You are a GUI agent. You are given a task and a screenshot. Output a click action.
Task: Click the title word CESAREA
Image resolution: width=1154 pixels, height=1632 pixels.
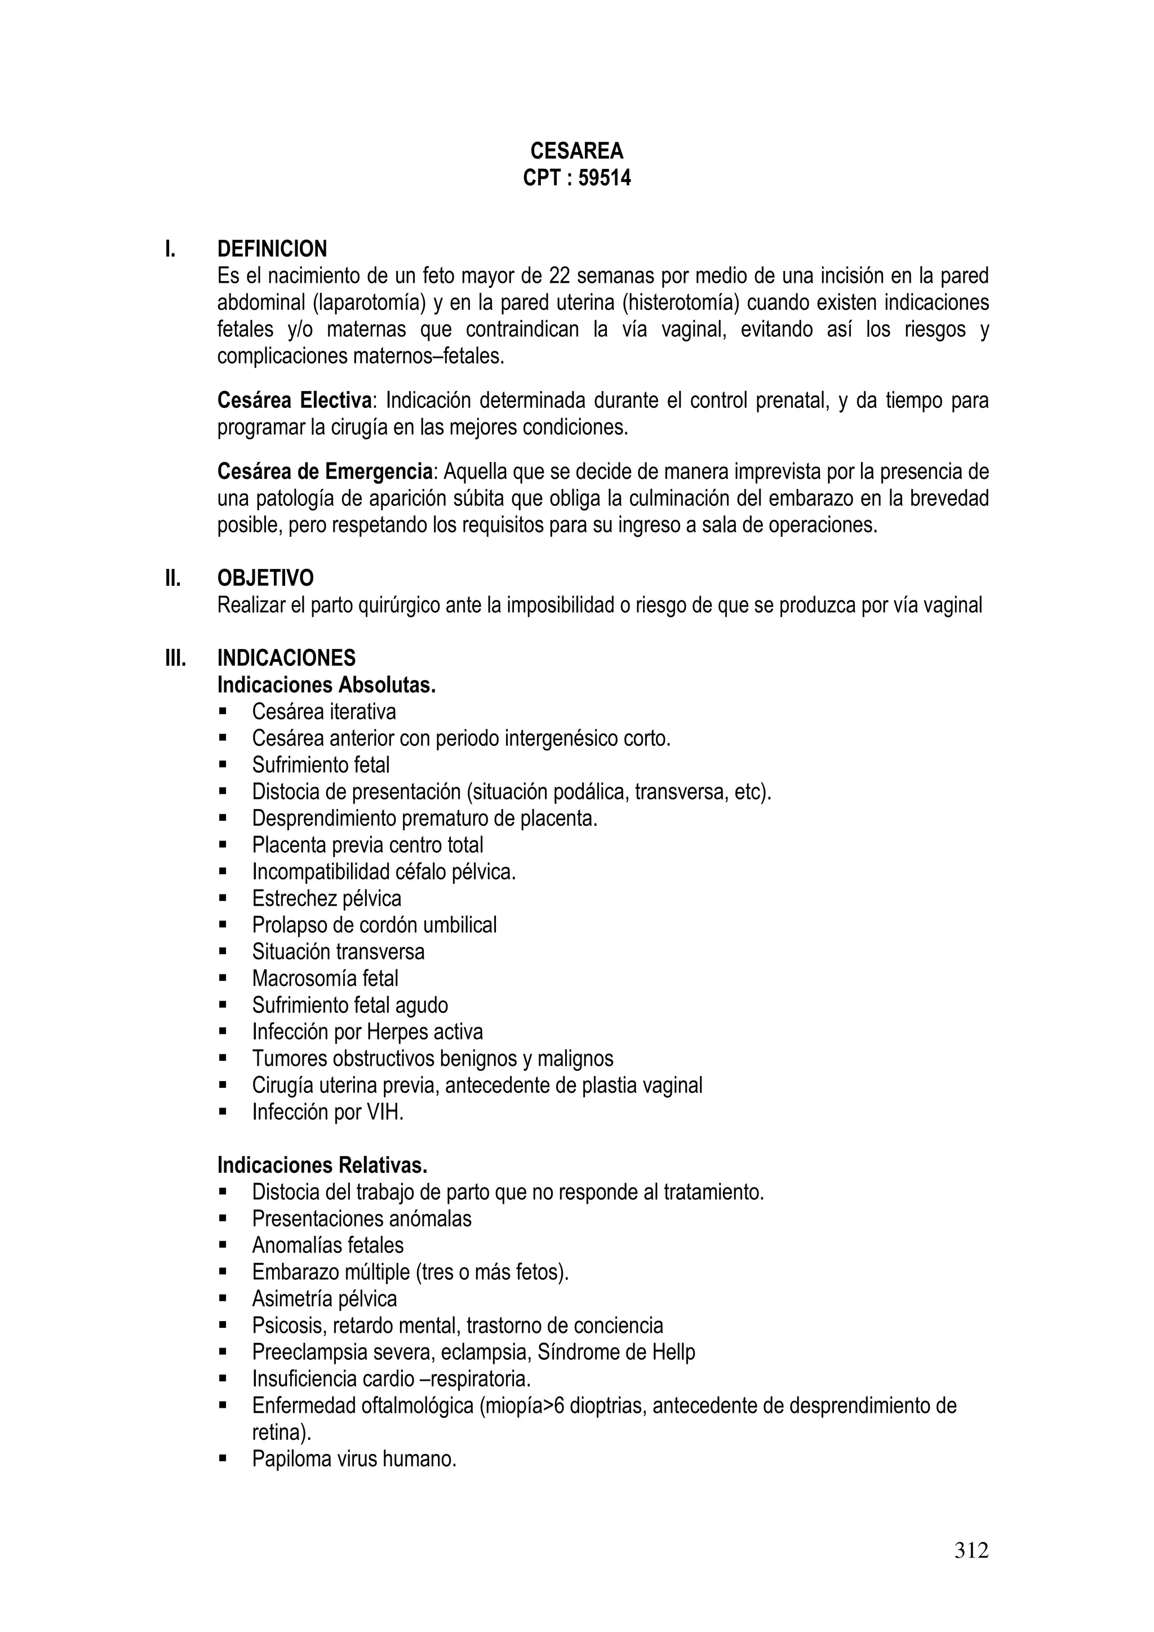pyautogui.click(x=576, y=150)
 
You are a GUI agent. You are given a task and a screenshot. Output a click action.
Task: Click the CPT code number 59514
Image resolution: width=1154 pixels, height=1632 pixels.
pyautogui.click(x=605, y=177)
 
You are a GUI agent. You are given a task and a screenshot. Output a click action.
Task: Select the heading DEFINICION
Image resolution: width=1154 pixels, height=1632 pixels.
pyautogui.click(x=272, y=249)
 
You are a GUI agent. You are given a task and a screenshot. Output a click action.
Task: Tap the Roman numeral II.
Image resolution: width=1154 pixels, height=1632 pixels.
pyautogui.click(x=173, y=578)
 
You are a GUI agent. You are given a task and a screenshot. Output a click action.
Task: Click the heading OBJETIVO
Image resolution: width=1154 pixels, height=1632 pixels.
pyautogui.click(x=265, y=578)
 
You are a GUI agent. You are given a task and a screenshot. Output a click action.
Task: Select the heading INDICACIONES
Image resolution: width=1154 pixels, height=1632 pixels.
pyautogui.click(x=287, y=657)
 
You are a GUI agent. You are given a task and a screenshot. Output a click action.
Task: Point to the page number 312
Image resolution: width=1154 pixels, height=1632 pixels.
pyautogui.click(x=971, y=1550)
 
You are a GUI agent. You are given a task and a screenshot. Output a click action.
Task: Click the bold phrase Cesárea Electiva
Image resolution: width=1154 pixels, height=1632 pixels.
pyautogui.click(x=294, y=401)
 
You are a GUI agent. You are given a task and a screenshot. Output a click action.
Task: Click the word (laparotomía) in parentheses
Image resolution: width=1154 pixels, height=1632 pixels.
pyautogui.click(x=369, y=303)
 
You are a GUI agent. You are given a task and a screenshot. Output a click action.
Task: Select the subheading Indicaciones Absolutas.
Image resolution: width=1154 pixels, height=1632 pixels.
pyautogui.click(x=326, y=684)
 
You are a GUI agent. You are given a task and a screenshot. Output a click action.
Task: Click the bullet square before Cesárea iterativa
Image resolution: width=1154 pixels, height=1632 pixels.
pyautogui.click(x=223, y=712)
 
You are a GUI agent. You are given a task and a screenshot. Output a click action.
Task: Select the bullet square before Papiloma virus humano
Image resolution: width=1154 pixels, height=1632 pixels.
pyautogui.click(x=223, y=1458)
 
